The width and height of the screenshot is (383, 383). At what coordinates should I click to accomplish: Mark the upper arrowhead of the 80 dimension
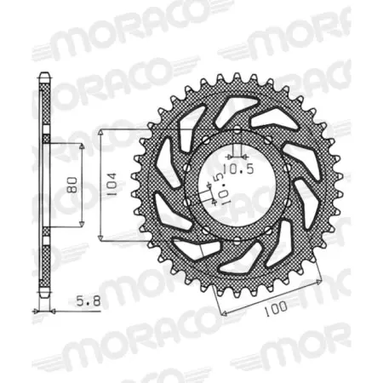coord(82,147)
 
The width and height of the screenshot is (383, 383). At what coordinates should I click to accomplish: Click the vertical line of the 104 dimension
coord(101,185)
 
